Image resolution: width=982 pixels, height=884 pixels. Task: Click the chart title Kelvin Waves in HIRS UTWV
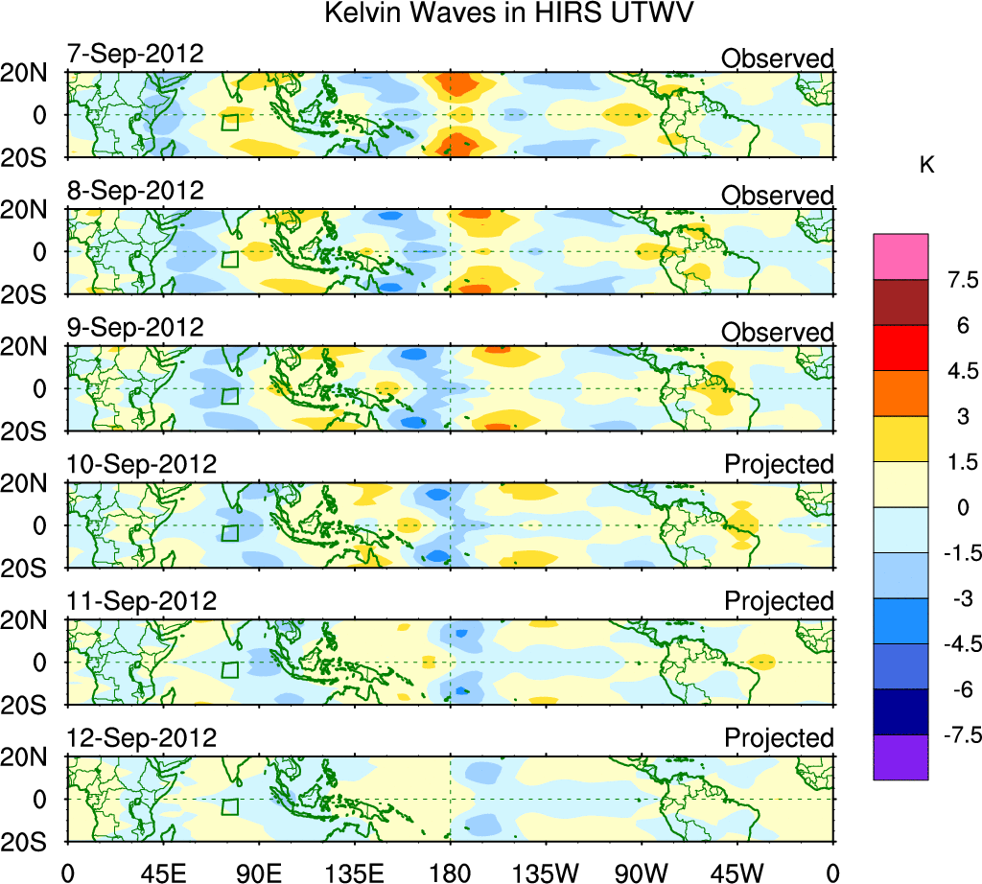[x=508, y=13]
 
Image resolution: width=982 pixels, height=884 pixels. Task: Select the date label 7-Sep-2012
[x=135, y=54]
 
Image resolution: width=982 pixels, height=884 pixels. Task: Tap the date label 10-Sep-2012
[x=142, y=464]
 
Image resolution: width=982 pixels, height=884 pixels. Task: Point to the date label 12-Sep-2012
[x=142, y=738]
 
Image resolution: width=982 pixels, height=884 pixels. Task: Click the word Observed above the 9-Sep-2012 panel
[x=778, y=333]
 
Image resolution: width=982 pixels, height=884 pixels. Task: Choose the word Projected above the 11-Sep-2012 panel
[x=779, y=602]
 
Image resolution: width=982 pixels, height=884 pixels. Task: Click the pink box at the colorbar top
[x=900, y=256]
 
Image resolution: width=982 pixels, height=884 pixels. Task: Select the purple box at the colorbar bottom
[x=900, y=757]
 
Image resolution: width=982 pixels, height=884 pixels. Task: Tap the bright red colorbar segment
[x=900, y=347]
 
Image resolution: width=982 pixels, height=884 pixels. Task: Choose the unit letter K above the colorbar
[x=927, y=166]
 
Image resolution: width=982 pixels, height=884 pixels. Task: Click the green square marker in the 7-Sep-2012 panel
[x=229, y=122]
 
